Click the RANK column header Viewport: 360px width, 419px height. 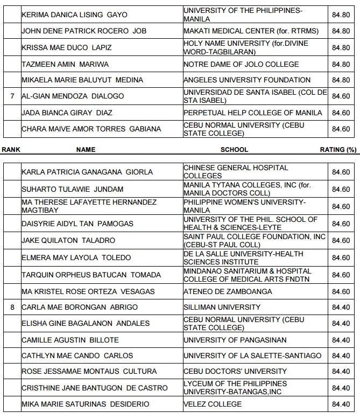[x=11, y=149]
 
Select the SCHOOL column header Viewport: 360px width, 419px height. [x=234, y=149]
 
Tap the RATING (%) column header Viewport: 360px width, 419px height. [x=338, y=149]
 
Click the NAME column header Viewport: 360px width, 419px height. [x=86, y=149]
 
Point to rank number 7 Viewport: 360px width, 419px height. [x=12, y=96]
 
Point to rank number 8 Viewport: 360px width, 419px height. [x=12, y=308]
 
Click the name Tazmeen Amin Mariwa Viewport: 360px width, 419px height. [x=65, y=65]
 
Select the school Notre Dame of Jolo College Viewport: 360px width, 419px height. [x=241, y=65]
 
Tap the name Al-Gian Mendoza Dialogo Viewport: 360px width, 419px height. [x=73, y=96]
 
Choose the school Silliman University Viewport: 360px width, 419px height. [x=222, y=308]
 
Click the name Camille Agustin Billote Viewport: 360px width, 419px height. [x=70, y=340]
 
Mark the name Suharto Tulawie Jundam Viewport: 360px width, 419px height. [x=72, y=190]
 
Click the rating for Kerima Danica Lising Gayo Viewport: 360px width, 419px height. [x=341, y=15]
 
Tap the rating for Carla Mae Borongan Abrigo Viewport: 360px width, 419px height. [x=341, y=308]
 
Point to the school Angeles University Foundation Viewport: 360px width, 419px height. [x=247, y=80]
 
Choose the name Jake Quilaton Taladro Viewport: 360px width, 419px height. [x=68, y=241]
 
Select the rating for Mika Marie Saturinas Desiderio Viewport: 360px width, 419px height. [x=341, y=404]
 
